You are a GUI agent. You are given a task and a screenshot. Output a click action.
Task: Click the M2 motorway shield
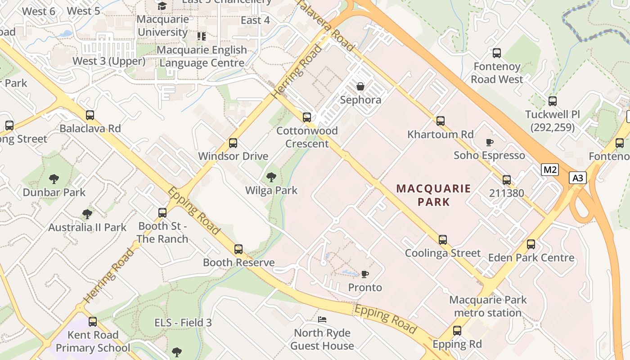pyautogui.click(x=549, y=170)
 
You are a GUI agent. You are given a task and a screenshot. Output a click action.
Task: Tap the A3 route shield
pyautogui.click(x=578, y=178)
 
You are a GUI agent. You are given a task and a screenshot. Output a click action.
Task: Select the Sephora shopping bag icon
pyautogui.click(x=360, y=86)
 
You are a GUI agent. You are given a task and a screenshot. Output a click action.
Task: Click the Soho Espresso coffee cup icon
pyautogui.click(x=489, y=142)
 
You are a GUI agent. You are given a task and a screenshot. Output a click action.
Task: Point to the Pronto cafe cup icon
pyautogui.click(x=365, y=274)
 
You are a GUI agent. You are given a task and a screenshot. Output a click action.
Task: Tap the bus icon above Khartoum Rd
pyautogui.click(x=441, y=121)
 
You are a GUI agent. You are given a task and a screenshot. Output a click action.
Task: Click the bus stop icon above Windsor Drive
pyautogui.click(x=233, y=143)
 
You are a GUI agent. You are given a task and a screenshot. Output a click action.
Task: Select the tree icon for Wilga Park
pyautogui.click(x=271, y=177)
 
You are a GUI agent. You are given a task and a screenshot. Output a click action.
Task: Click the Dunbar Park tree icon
pyautogui.click(x=54, y=179)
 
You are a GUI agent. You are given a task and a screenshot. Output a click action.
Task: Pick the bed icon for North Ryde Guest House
pyautogui.click(x=322, y=319)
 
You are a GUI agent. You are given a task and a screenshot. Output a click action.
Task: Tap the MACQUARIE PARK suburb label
pyautogui.click(x=434, y=195)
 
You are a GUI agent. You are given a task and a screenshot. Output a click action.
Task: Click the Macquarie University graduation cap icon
pyautogui.click(x=162, y=6)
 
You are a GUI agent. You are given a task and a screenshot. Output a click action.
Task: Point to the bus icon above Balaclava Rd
pyautogui.click(x=90, y=115)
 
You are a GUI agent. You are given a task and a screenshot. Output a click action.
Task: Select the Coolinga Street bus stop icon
pyautogui.click(x=443, y=240)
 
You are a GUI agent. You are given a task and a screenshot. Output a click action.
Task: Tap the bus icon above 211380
pyautogui.click(x=507, y=180)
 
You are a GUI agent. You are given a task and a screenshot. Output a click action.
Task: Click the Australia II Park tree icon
pyautogui.click(x=87, y=214)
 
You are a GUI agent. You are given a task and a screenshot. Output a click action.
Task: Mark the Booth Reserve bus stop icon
pyautogui.click(x=238, y=249)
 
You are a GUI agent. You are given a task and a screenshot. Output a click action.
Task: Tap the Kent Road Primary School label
pyautogui.click(x=93, y=342)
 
